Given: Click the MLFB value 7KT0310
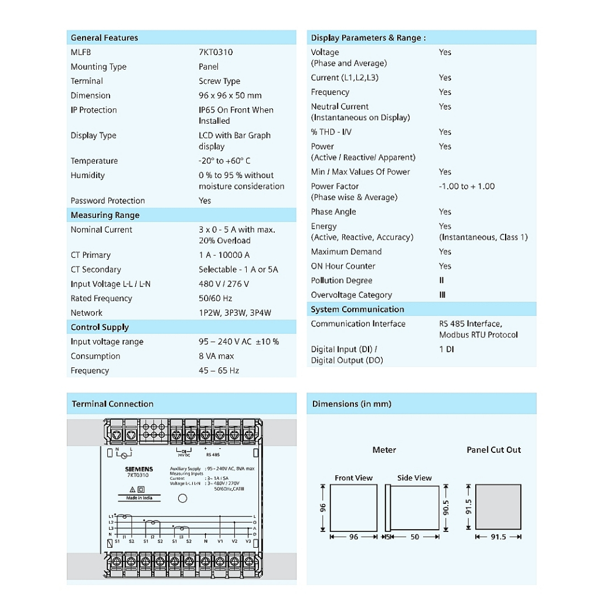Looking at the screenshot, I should click(216, 52).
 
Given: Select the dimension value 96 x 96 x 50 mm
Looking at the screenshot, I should click(230, 96).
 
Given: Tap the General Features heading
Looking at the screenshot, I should click(104, 37).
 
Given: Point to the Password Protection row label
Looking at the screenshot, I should click(108, 200).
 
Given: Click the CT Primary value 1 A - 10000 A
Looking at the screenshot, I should click(224, 255).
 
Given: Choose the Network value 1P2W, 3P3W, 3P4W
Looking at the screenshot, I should click(235, 313).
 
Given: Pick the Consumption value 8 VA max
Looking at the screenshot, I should click(216, 356).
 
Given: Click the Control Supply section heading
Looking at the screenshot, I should click(100, 327).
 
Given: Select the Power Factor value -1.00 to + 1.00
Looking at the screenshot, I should click(466, 186).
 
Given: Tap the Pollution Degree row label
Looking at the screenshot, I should click(342, 281).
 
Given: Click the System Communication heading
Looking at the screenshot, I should click(357, 309).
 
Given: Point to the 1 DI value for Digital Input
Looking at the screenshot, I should click(446, 349).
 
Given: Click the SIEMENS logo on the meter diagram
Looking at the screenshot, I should click(139, 469).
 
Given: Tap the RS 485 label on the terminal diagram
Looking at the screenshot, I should click(213, 454).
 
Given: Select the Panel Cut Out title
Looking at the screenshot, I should click(493, 450).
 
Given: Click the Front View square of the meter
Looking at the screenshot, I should click(353, 507).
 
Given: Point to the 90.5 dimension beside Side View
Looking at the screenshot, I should click(446, 507).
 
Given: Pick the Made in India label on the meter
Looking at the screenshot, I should click(139, 498).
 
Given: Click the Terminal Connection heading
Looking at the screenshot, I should click(112, 404).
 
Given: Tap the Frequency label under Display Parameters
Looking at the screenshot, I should click(330, 92).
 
